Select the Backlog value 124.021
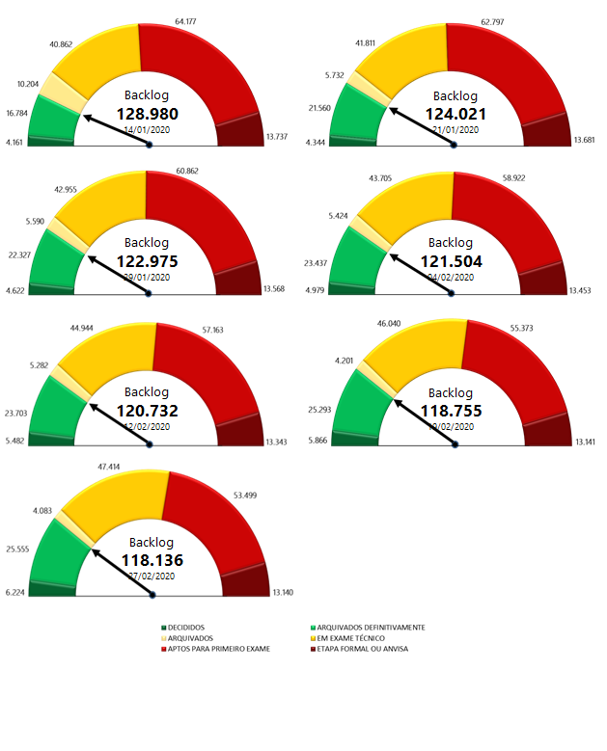pos(455,114)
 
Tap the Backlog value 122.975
pos(149,261)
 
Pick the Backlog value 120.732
pos(149,411)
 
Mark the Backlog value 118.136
pos(152,559)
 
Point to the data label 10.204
pos(29,83)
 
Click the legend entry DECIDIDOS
pos(183,628)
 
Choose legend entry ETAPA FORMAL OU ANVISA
pos(362,649)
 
